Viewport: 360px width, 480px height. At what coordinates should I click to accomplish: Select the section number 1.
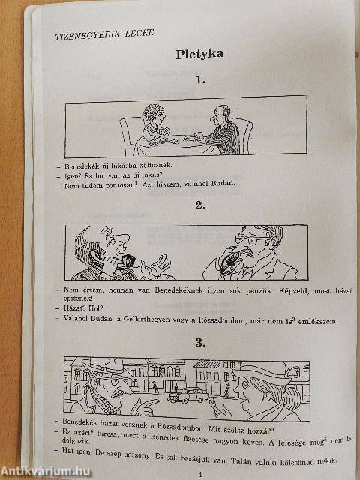(199, 79)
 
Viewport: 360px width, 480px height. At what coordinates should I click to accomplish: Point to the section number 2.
(199, 205)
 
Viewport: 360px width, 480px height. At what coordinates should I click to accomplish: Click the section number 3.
(199, 343)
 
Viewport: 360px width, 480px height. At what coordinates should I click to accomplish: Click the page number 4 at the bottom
(199, 473)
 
